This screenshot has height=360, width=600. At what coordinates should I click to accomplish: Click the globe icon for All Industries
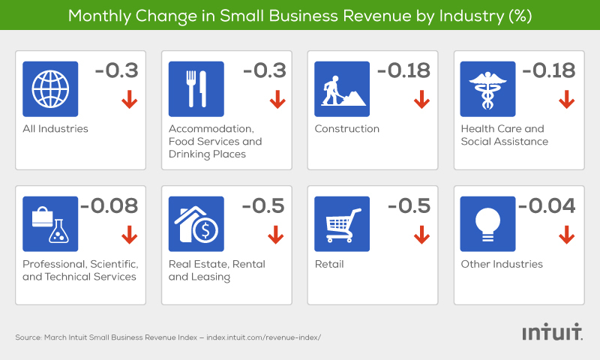[51, 88]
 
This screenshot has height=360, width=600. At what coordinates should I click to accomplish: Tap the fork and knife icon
[196, 88]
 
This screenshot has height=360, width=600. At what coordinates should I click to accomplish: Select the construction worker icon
[342, 88]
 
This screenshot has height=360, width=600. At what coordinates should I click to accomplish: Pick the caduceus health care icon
[487, 88]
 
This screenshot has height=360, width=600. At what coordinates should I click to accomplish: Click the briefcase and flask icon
[51, 223]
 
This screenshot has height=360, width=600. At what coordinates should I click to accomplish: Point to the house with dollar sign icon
[196, 223]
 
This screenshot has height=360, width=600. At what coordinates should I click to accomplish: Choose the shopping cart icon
[342, 223]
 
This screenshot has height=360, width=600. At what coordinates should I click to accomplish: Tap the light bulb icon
[487, 223]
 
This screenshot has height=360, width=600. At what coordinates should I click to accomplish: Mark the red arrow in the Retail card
[421, 235]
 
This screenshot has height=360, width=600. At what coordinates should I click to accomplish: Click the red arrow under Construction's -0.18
[421, 99]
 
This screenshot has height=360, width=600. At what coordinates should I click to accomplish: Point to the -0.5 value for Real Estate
[263, 205]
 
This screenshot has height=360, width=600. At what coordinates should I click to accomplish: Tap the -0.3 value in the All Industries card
[118, 70]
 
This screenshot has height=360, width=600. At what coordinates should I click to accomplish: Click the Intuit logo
[552, 332]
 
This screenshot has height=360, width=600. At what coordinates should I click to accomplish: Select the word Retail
[330, 264]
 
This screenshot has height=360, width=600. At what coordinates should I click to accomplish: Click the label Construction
[346, 128]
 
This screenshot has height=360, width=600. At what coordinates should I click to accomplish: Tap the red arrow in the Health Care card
[566, 99]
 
